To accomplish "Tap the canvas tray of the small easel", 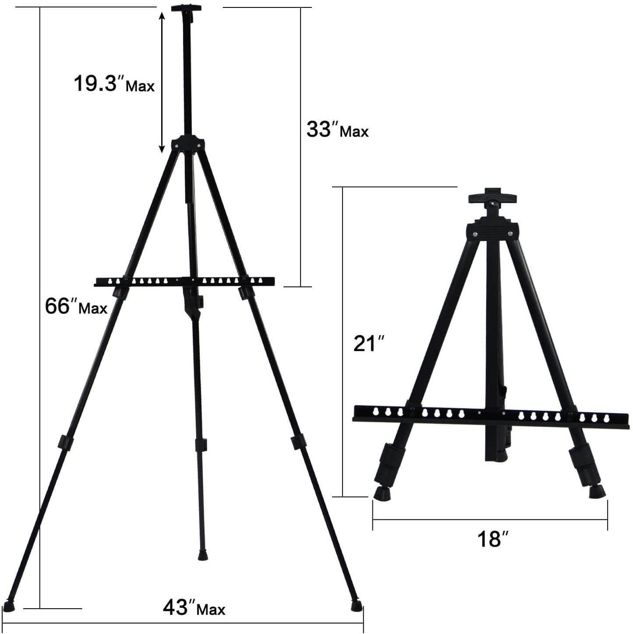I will pos(491,414).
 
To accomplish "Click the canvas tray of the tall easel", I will pos(184,282).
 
